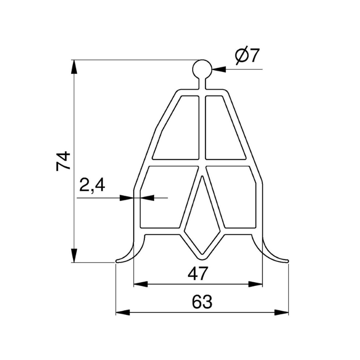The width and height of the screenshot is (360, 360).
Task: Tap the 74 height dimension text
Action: [x=63, y=161]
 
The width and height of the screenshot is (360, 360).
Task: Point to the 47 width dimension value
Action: [x=198, y=274]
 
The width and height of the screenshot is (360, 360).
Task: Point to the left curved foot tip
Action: [x=118, y=260]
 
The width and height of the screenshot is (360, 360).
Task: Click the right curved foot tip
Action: [x=286, y=260]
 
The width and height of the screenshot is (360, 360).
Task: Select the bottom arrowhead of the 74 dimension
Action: [x=74, y=257]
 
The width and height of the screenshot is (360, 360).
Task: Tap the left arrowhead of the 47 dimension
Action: [x=139, y=284]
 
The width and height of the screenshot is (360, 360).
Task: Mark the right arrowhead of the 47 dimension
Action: [x=258, y=284]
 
